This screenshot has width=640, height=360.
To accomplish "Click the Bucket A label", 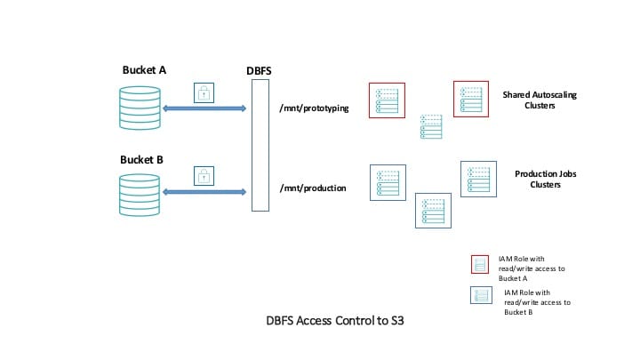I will click(x=144, y=69).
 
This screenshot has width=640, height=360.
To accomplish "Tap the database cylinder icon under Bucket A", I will click(x=142, y=108).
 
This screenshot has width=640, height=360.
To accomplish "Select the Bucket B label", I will click(x=142, y=160).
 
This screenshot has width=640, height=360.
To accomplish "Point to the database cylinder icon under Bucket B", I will click(x=142, y=196).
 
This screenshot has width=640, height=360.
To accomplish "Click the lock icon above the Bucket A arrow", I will click(x=204, y=92).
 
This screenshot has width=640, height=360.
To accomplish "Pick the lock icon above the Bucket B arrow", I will click(x=204, y=174).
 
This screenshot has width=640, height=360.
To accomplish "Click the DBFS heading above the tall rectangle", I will click(x=260, y=69).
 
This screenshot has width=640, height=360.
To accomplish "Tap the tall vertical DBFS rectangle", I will click(x=260, y=145).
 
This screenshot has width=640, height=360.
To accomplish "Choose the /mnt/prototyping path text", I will click(x=314, y=108).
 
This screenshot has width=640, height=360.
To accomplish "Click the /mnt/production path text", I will click(x=312, y=188).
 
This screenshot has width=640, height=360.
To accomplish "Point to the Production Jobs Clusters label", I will click(x=546, y=179).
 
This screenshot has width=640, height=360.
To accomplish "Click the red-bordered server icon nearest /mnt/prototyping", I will click(x=387, y=100).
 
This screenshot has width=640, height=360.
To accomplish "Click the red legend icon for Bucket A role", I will click(x=480, y=263).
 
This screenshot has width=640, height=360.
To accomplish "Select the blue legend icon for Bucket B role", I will click(x=481, y=296).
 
